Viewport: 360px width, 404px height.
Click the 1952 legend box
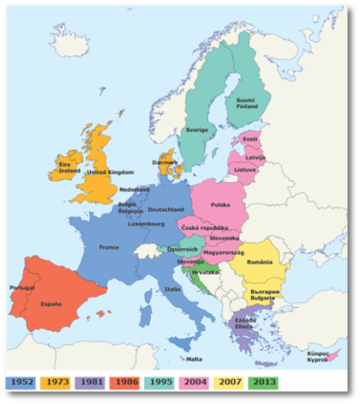tap(24, 380)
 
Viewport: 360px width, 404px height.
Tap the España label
tap(55, 304)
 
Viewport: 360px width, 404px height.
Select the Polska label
tap(221, 205)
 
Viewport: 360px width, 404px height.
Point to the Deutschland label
tap(166, 209)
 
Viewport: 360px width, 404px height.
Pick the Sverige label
tap(197, 130)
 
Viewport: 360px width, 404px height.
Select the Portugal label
tap(21, 288)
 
